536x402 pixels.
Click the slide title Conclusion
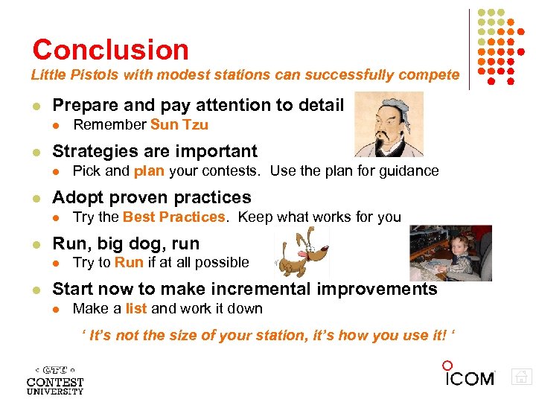[110, 50]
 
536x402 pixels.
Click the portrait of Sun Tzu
[388, 124]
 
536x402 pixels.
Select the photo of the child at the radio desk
[450, 253]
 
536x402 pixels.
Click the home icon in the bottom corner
[522, 377]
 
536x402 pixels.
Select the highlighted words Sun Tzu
[179, 125]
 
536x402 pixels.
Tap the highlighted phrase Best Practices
[173, 217]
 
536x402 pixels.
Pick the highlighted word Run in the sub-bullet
[129, 263]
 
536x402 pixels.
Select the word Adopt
[74, 197]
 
